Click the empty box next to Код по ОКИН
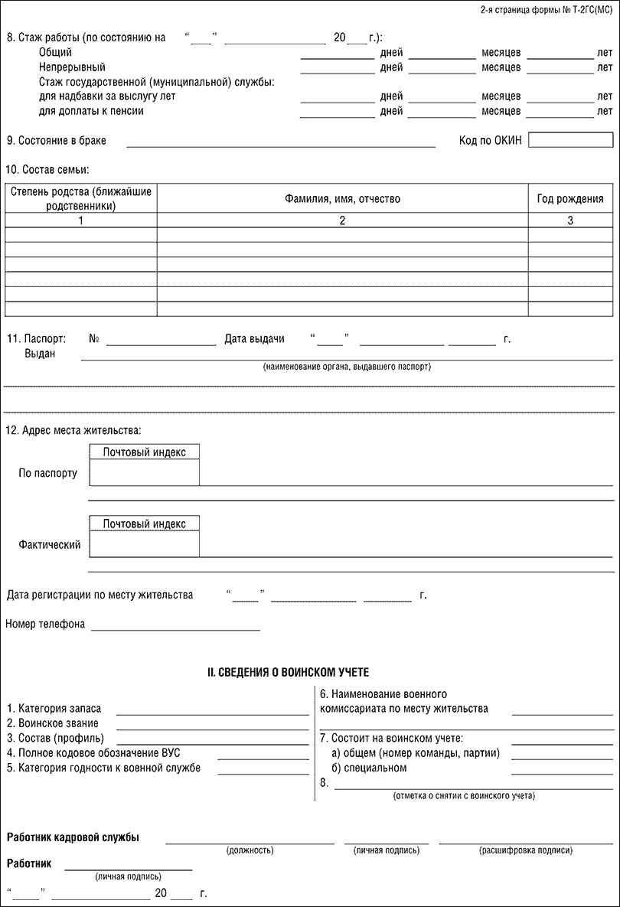(570, 140)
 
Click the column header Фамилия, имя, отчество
(342, 199)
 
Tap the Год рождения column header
(570, 199)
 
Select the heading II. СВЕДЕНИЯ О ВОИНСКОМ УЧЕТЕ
(289, 672)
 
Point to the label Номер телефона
(45, 624)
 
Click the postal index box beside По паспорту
(145, 472)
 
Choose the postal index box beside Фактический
(145, 543)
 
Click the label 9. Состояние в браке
(57, 141)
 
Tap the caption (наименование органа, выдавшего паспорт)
(347, 367)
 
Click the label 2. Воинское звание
(52, 723)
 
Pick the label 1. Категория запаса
(54, 709)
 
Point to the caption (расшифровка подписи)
(525, 850)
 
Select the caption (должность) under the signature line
(250, 850)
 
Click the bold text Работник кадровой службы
(73, 837)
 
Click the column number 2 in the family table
(342, 220)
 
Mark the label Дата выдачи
(255, 338)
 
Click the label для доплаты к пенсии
(91, 111)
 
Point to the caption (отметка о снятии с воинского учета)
(464, 796)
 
